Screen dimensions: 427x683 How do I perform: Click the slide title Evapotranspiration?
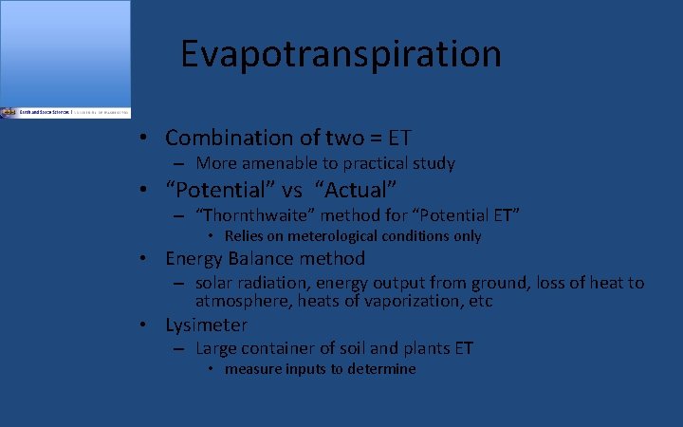(341, 54)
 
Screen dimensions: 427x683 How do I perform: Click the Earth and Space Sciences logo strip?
(65, 112)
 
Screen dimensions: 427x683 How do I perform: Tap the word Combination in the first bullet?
(223, 138)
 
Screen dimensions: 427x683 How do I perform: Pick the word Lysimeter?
(206, 325)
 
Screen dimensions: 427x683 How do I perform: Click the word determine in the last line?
(381, 369)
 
